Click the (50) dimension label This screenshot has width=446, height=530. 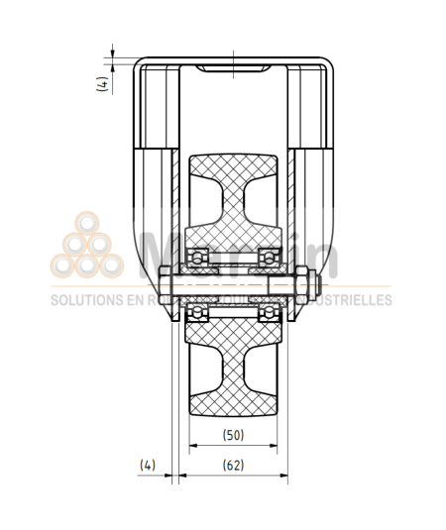tap(234, 434)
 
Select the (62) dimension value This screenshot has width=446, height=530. tap(234, 464)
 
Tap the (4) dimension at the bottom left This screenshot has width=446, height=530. tap(148, 464)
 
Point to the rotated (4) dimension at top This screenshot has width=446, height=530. tap(103, 85)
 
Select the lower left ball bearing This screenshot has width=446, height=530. tap(198, 313)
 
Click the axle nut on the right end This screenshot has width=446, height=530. tap(311, 285)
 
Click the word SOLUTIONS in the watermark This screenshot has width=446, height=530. tap(84, 299)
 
